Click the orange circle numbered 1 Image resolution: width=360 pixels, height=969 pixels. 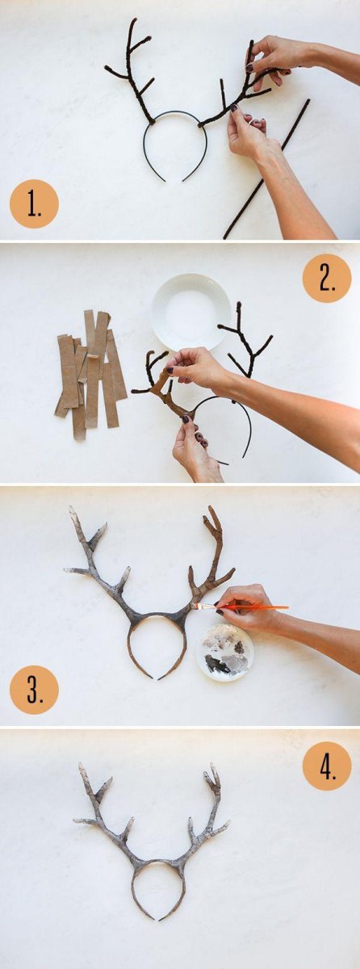point(34,203)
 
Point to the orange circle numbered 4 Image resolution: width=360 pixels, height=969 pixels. point(327,766)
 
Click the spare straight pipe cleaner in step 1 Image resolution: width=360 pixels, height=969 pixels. point(266,169)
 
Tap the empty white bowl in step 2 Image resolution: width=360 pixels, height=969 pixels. point(191,312)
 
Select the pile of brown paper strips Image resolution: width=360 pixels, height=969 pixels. point(90,374)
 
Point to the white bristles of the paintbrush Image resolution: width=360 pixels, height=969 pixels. point(201,606)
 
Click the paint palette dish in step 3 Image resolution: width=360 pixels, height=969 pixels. point(225,652)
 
